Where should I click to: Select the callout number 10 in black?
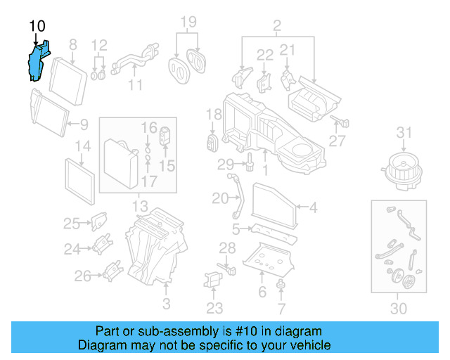pos(37,27)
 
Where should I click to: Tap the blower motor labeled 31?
pos(401,169)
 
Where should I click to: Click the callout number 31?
pos(403,132)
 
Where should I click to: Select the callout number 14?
pos(83,147)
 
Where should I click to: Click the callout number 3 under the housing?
pos(166,304)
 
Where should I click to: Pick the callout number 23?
pos(214,307)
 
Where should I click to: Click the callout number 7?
pos(281,308)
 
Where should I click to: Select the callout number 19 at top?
pos(186,22)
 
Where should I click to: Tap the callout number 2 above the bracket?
pos(276,27)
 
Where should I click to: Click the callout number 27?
pos(337,141)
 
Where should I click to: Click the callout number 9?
pos(84,125)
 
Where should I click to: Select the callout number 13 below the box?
pos(140,207)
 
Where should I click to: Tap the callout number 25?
pos(72,224)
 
